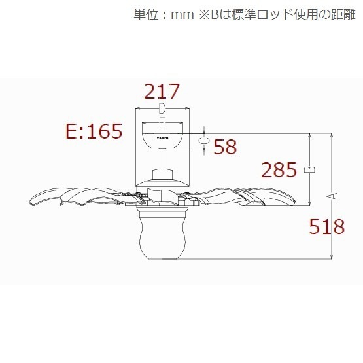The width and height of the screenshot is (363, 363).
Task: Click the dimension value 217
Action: point(162,91)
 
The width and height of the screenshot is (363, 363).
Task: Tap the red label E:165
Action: point(94,131)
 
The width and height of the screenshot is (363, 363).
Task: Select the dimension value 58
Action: point(225,147)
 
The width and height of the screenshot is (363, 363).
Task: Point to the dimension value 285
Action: point(279,169)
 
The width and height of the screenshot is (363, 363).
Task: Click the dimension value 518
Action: point(327,226)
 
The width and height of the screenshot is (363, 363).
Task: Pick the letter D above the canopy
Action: point(162,109)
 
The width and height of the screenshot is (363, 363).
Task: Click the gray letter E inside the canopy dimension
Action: point(162,123)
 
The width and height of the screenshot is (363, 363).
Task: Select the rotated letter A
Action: point(332,196)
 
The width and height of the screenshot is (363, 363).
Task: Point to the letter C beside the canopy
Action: point(204,141)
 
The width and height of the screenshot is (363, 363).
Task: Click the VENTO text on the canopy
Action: point(162,138)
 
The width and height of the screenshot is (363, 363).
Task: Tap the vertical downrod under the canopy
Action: point(162,160)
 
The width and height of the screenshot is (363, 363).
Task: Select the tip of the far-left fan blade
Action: point(29,202)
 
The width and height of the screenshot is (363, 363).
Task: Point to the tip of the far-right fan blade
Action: point(296,201)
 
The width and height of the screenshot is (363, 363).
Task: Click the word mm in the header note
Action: point(182,15)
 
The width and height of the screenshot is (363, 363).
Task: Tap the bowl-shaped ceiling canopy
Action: point(162,141)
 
